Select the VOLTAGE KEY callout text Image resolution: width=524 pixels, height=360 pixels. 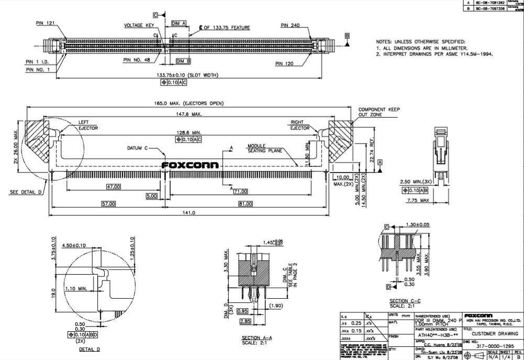139,25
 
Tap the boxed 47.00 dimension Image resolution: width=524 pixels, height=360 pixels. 114,186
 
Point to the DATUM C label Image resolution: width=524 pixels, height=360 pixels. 139,148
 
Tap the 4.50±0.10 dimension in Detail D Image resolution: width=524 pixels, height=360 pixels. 74,245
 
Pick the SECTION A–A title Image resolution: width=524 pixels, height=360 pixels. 257,337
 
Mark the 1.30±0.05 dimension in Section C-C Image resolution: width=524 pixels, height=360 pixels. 418,224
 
